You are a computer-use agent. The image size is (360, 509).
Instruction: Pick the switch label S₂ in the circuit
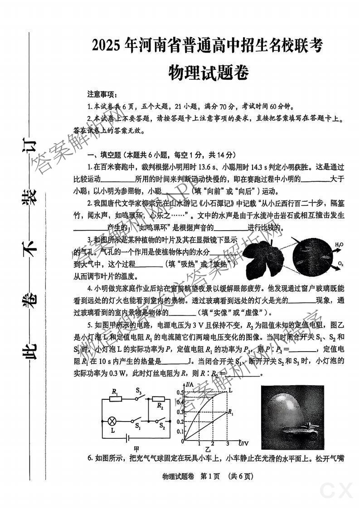pos(162,426)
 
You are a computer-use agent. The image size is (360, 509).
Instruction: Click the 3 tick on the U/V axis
pos(227,443)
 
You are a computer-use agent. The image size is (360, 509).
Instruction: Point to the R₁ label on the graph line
pos(231,413)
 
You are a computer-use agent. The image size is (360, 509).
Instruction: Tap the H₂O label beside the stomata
pos(339,245)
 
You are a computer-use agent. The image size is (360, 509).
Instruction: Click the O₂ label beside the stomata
pos(340,264)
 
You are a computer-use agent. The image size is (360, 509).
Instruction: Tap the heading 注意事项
pos(102,95)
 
